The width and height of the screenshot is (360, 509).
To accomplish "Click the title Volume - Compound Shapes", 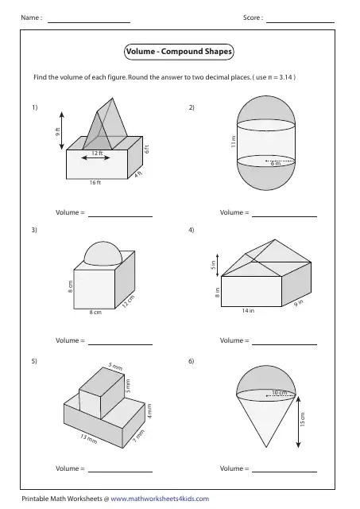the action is (179, 52).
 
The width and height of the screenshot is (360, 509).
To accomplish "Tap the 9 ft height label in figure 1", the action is (57, 132).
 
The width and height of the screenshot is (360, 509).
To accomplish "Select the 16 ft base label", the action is (95, 183).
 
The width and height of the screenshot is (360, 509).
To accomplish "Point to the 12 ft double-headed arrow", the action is (95, 158).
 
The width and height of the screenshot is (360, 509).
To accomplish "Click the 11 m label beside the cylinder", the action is (233, 142).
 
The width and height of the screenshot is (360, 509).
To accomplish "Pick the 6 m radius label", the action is (276, 164).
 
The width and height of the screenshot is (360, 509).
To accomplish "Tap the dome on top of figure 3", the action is (103, 253).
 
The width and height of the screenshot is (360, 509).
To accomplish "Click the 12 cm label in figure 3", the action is (129, 302).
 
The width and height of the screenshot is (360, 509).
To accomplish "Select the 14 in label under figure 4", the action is (248, 311).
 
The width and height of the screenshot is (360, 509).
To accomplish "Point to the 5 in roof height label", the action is (213, 265).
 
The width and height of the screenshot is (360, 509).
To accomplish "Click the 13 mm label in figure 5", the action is (88, 439).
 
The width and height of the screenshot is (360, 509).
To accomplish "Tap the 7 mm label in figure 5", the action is (138, 436).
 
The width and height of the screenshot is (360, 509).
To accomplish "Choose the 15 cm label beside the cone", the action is (303, 419).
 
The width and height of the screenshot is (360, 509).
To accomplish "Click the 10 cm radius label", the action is (280, 392).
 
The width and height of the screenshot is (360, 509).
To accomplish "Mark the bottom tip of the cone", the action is (266, 447).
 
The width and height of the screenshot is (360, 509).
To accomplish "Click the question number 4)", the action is (192, 230).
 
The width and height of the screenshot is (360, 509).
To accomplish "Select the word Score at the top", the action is (251, 17).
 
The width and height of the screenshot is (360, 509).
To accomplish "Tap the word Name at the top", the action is (29, 17).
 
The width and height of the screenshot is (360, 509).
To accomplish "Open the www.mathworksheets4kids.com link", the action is (160, 499).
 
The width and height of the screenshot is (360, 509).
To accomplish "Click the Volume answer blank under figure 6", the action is (285, 472).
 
